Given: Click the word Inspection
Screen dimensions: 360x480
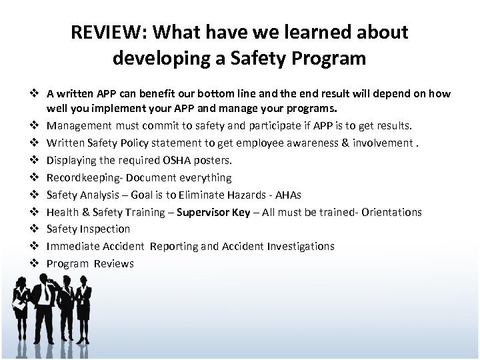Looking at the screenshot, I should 105,229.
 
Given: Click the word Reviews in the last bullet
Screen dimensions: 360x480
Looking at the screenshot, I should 113,264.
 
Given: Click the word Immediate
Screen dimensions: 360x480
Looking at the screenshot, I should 72,247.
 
